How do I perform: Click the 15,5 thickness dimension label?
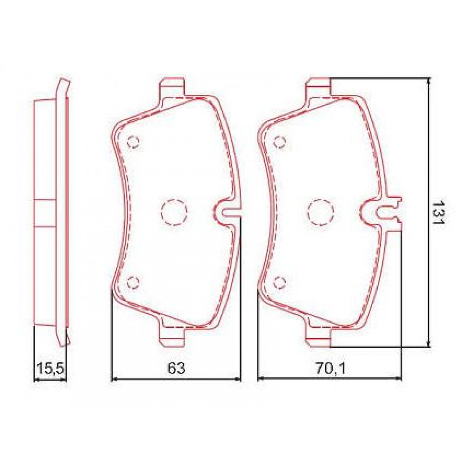pyautogui.click(x=50, y=369)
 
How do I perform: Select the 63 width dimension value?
pyautogui.click(x=176, y=368)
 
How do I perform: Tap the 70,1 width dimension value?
pyautogui.click(x=330, y=369)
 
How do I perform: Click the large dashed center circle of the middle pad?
pyautogui.click(x=174, y=211)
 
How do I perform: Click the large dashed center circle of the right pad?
pyautogui.click(x=320, y=211)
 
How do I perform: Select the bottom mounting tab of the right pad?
pyautogui.click(x=318, y=335)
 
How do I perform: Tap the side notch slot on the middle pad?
pyautogui.click(x=227, y=211)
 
